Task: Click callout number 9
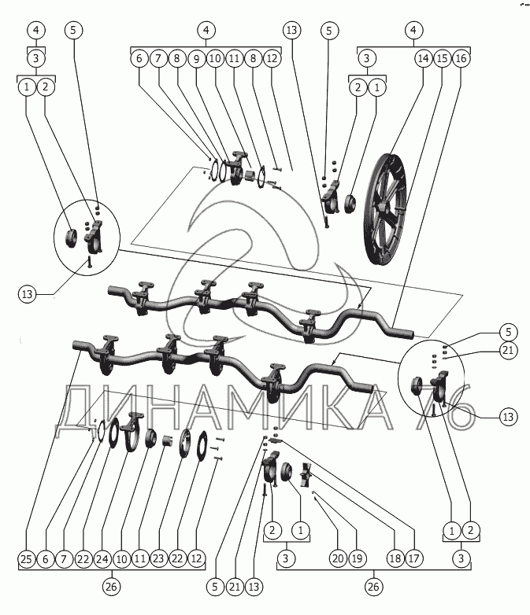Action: [196, 58]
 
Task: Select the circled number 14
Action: [423, 58]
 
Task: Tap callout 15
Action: [442, 58]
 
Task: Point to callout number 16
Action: [461, 58]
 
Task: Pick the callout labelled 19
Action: [358, 559]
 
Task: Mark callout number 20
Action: [338, 559]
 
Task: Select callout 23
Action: [160, 559]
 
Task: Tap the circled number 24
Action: [103, 559]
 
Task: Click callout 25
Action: [28, 559]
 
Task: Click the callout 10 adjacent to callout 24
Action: [122, 559]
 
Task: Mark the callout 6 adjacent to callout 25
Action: [46, 559]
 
